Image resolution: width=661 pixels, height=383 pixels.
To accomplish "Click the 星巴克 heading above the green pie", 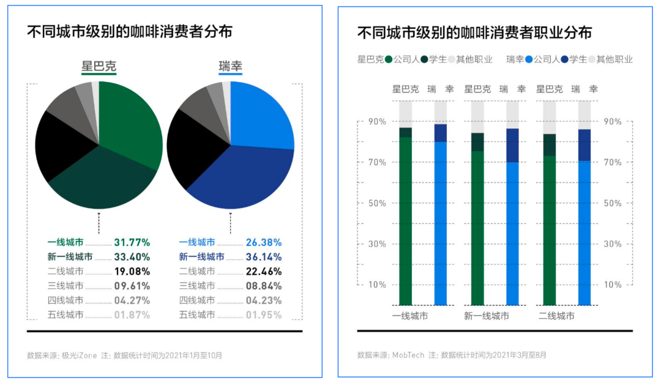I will tap(99, 67).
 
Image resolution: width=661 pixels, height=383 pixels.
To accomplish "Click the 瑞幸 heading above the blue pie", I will tap(230, 67).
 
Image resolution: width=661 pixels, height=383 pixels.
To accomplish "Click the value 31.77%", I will tap(132, 242).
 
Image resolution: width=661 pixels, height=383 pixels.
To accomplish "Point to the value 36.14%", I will tap(263, 257).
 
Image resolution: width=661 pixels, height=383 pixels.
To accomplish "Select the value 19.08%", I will tap(132, 272).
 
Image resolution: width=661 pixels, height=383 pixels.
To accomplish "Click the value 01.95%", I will tap(263, 315).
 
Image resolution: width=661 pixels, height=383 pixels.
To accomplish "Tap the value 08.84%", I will tap(263, 286).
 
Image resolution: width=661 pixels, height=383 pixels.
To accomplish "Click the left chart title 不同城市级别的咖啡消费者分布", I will tap(130, 32).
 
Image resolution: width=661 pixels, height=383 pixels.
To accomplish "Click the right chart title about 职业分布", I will tap(474, 32).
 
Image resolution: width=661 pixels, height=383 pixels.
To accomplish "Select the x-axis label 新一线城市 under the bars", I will tap(487, 316).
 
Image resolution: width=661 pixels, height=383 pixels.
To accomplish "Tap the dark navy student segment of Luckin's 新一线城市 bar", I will tap(512, 146).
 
